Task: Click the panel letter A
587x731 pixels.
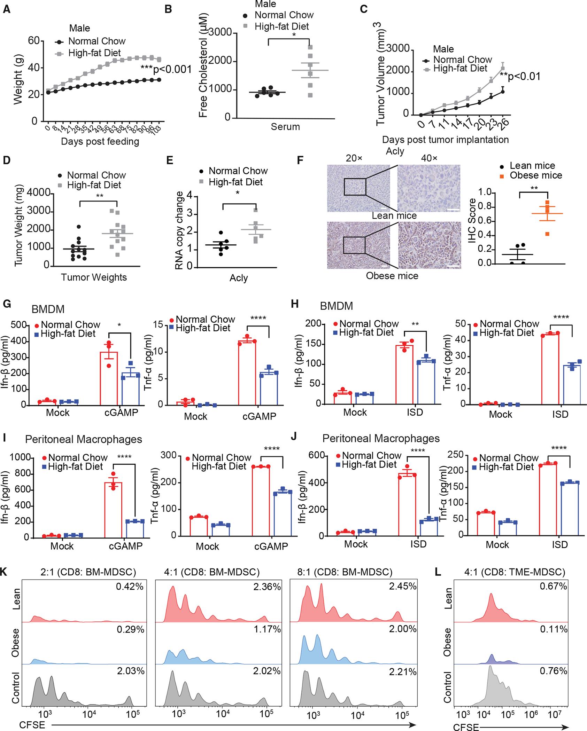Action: [x=6, y=9]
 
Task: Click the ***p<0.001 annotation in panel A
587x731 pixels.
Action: [x=167, y=70]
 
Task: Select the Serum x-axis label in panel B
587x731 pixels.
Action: [x=285, y=127]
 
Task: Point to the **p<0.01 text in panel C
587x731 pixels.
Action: [x=520, y=77]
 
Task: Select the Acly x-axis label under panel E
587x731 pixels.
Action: [x=239, y=278]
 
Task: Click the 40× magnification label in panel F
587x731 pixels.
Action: [x=429, y=158]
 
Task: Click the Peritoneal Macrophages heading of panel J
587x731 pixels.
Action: [x=381, y=438]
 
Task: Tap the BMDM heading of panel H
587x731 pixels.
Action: [x=337, y=306]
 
